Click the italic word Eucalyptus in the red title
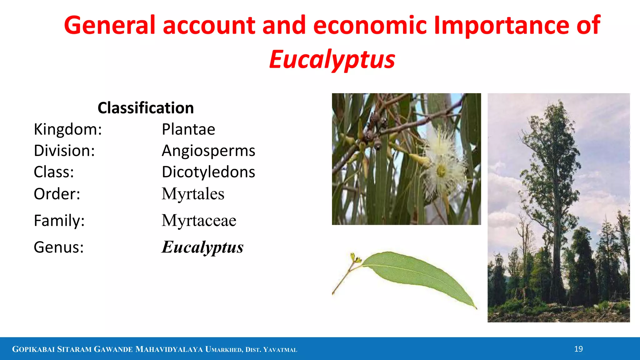332,59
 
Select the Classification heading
146,108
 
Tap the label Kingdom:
68,129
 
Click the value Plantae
188,129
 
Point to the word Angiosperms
208,151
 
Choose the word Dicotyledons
208,172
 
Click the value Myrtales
193,194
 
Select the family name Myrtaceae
199,221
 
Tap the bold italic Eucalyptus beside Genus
202,247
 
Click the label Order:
57,194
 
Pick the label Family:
59,221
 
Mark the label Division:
64,151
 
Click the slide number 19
578,349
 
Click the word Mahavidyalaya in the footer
169,349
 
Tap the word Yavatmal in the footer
280,350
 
